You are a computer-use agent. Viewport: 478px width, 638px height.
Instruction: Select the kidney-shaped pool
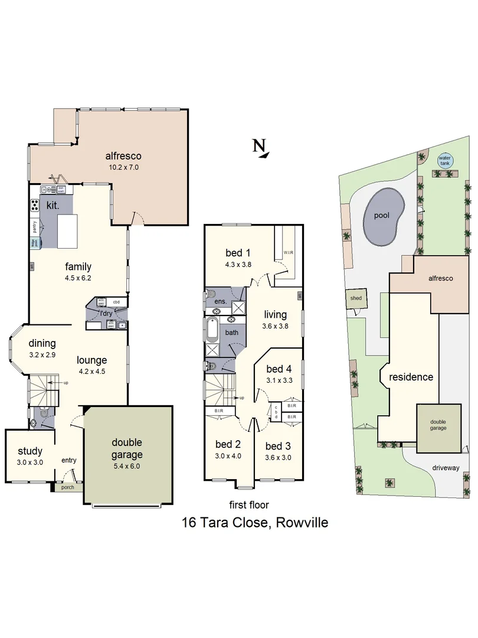coord(384,217)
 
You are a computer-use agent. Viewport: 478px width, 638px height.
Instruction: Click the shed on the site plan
coord(355,298)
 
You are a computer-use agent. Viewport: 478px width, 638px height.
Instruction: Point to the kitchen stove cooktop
coord(35,206)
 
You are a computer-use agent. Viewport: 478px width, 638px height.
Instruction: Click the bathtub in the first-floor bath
coord(212,330)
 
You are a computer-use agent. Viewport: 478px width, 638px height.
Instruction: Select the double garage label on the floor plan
coord(127,448)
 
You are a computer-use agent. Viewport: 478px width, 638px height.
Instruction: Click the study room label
coord(30,452)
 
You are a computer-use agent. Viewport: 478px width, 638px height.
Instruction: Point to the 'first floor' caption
coord(248,504)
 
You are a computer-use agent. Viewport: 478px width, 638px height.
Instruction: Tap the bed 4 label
coord(279,370)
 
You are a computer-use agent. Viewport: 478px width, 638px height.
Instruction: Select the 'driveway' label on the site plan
coord(446,468)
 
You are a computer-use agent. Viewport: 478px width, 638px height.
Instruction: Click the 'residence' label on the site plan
coord(411,377)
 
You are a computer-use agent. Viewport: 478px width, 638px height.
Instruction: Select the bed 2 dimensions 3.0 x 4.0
coord(228,457)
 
